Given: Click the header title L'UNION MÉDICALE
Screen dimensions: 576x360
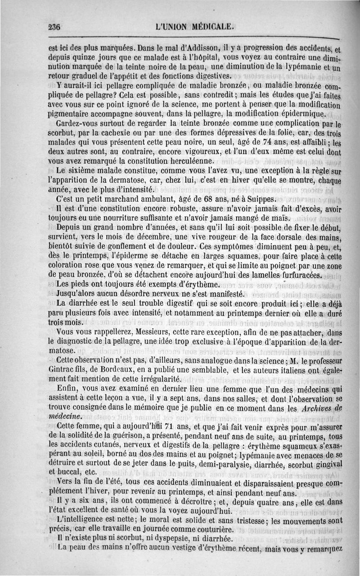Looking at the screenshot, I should click(194, 26).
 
